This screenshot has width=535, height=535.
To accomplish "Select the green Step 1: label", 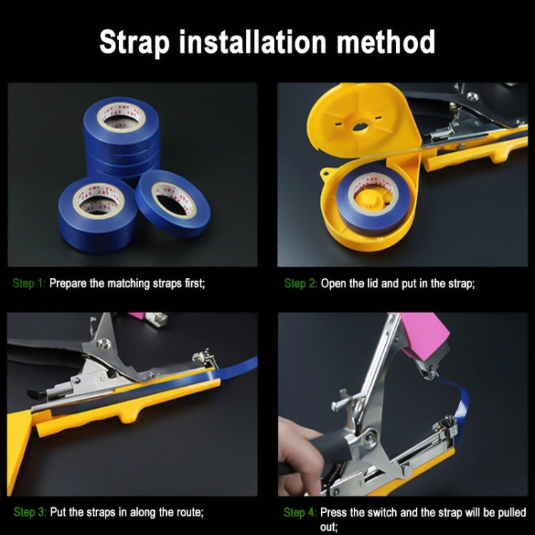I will (x=29, y=283).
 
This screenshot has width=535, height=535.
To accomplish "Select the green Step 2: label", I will (x=300, y=283).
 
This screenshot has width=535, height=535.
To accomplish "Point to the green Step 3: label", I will (x=30, y=512).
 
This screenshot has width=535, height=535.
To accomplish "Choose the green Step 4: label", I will (x=300, y=512).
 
